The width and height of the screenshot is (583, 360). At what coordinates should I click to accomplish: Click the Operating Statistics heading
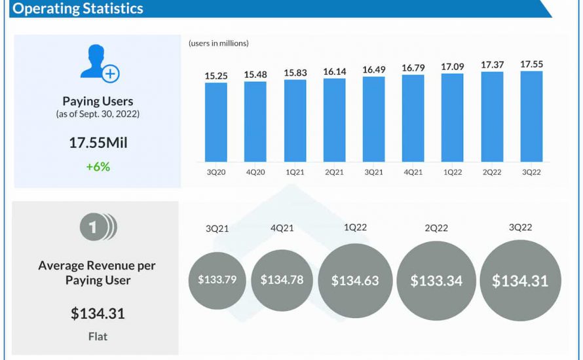click(x=78, y=9)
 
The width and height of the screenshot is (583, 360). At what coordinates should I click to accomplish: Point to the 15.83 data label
click(x=295, y=71)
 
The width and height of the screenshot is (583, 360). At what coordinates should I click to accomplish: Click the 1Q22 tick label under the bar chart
click(x=452, y=172)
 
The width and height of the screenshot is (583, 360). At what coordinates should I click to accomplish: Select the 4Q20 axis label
click(x=255, y=172)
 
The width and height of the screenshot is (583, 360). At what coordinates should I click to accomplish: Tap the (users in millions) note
click(x=219, y=43)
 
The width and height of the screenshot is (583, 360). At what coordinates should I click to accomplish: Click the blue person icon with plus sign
click(x=98, y=63)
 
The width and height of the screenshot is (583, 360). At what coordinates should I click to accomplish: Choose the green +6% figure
click(x=98, y=166)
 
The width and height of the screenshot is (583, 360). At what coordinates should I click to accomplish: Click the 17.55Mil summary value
click(x=98, y=143)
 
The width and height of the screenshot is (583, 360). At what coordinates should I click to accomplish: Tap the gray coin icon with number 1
click(x=98, y=227)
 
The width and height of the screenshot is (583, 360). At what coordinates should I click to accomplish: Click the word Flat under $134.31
click(x=98, y=336)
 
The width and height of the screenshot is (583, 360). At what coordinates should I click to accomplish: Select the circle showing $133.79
click(x=217, y=280)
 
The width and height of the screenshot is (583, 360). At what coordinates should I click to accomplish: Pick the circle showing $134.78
click(x=282, y=280)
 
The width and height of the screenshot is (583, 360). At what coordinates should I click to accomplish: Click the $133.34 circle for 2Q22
click(x=436, y=281)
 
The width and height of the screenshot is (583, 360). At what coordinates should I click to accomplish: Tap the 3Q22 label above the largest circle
click(x=520, y=227)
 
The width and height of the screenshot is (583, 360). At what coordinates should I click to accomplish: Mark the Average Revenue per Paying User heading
click(x=98, y=273)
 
